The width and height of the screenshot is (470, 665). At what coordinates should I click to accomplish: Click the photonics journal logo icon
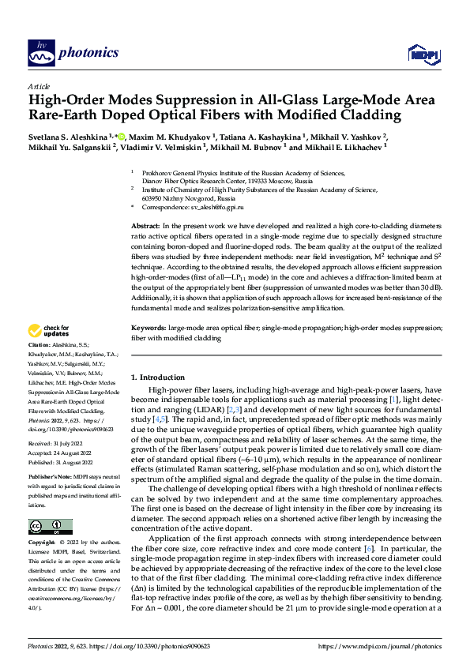click(x=39, y=53)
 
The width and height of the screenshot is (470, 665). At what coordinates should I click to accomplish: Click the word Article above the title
click(x=39, y=86)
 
